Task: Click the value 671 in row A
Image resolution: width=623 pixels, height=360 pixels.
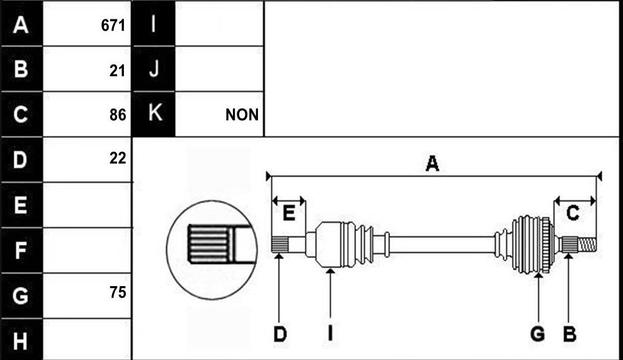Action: click(x=113, y=26)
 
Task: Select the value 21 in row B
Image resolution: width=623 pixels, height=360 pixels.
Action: click(x=117, y=71)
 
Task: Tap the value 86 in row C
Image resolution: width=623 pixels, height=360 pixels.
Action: click(x=118, y=115)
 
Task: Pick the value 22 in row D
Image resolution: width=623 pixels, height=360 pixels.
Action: click(x=118, y=158)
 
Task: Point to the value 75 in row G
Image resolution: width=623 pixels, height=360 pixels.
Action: click(x=118, y=292)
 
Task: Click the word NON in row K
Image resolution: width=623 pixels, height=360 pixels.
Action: click(x=242, y=115)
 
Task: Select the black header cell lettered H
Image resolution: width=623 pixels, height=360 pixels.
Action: click(x=21, y=340)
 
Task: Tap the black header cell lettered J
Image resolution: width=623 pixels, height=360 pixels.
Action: click(x=153, y=69)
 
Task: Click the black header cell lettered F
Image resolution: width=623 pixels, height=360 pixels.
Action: click(x=21, y=250)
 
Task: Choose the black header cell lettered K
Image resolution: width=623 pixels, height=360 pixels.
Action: click(x=153, y=114)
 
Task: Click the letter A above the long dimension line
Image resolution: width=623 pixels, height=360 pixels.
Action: click(x=432, y=163)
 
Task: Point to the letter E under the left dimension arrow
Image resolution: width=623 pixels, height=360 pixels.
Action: click(x=289, y=213)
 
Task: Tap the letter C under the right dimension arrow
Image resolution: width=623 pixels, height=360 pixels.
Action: click(x=572, y=213)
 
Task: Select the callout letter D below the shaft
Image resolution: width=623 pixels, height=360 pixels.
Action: click(x=280, y=334)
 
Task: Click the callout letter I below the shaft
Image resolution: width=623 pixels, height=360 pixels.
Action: click(x=330, y=334)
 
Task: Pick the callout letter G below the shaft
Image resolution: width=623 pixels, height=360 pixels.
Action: click(x=538, y=334)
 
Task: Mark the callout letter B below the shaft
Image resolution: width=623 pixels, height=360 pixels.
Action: click(x=569, y=334)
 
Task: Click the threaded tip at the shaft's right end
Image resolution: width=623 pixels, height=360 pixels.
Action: click(x=587, y=244)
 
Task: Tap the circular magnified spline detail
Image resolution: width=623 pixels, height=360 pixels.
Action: click(x=212, y=250)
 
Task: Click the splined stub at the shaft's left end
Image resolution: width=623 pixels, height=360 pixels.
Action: click(x=280, y=244)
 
